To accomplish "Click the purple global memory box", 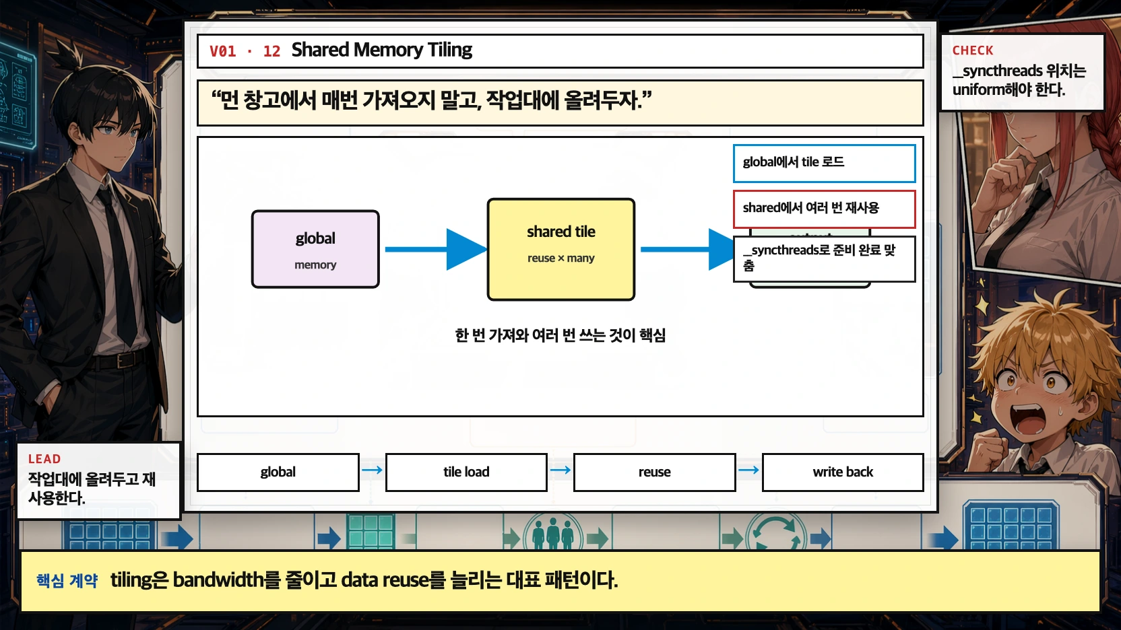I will click(x=315, y=249).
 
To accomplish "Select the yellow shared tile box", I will click(x=560, y=249).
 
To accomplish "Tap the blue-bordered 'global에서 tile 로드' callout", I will click(x=824, y=163).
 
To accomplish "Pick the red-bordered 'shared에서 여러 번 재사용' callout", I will click(x=824, y=209).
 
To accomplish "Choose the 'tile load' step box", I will click(x=466, y=472).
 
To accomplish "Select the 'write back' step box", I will click(x=842, y=472).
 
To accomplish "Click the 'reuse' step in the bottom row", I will click(x=654, y=472).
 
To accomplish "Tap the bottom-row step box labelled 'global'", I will click(x=278, y=472).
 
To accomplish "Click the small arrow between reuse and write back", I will click(x=748, y=470).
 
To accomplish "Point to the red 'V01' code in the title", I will click(x=223, y=52).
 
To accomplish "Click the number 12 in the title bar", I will click(x=271, y=52).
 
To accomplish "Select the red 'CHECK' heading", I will click(x=973, y=50).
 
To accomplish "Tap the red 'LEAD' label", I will click(x=44, y=459).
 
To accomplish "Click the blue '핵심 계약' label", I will click(x=67, y=580).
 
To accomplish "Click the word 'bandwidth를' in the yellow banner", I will click(x=226, y=580).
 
